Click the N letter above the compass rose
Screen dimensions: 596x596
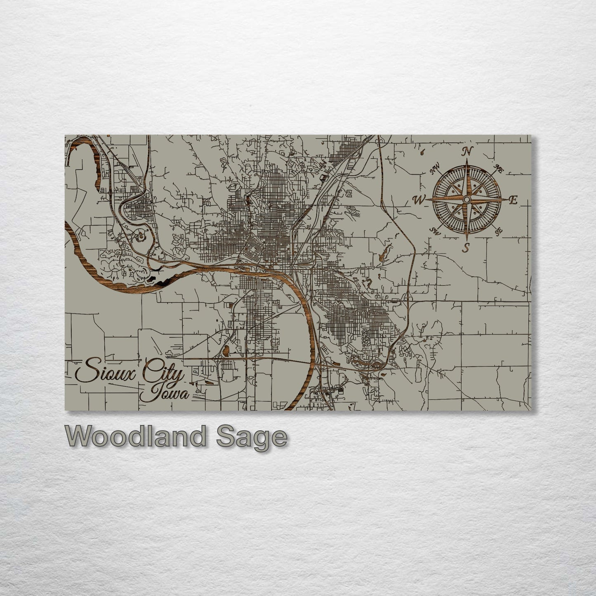tap(467, 151)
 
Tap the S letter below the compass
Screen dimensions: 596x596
tap(466, 247)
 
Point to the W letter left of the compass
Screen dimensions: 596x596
tap(419, 200)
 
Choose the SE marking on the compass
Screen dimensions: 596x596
tap(499, 231)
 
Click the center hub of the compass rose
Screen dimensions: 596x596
tap(466, 200)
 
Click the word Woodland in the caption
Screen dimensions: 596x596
tap(134, 436)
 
